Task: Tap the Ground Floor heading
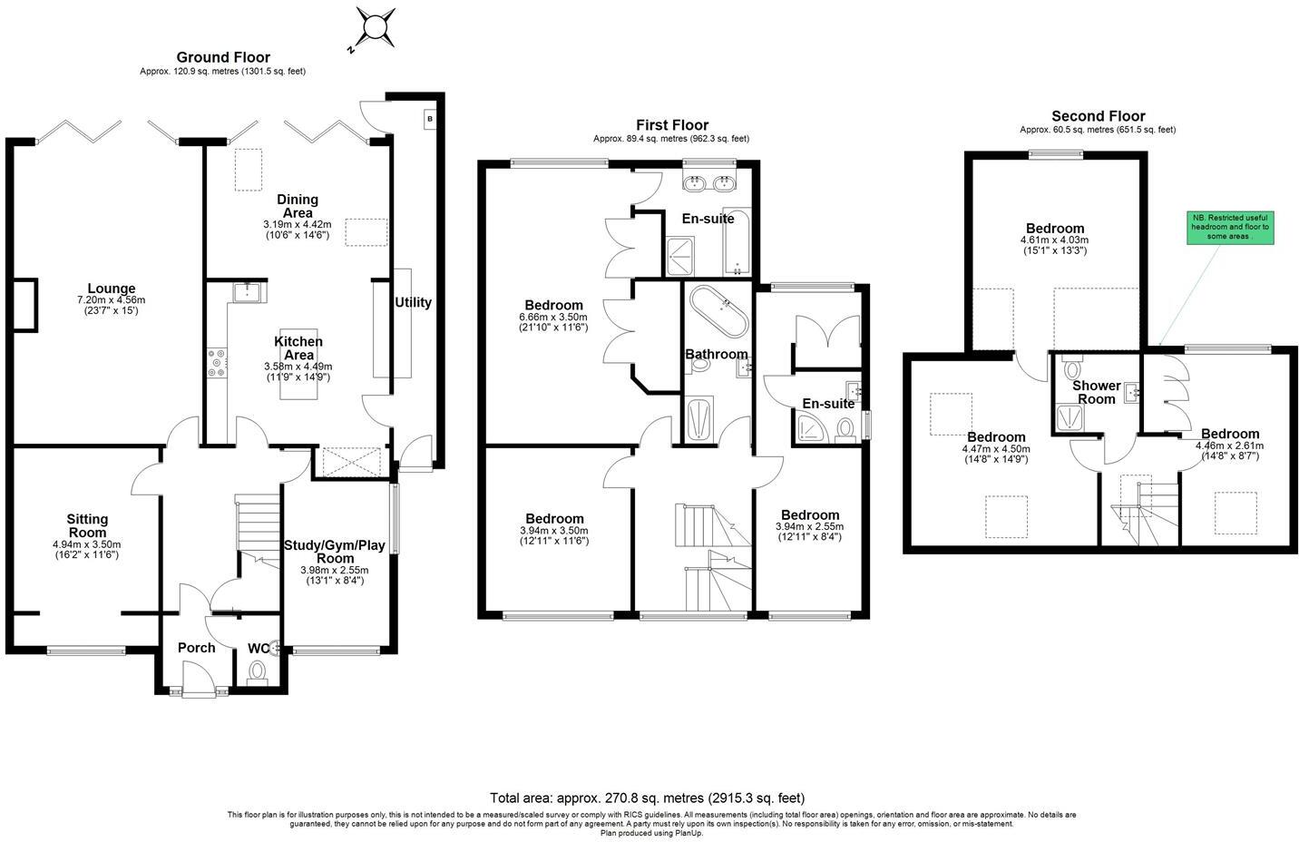click(x=223, y=57)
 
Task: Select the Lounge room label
click(x=112, y=289)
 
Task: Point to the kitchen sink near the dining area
click(x=250, y=292)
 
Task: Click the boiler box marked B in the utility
click(x=430, y=119)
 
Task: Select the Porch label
click(x=197, y=648)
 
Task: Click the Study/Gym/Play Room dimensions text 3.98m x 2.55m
click(x=335, y=570)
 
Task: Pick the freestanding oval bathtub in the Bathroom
click(x=719, y=311)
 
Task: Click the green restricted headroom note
click(x=1230, y=228)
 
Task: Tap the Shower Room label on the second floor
click(x=1096, y=393)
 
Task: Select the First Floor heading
click(x=672, y=124)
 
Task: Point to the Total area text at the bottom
click(x=647, y=798)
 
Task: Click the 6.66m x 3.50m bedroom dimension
click(x=553, y=318)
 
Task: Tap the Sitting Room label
click(x=87, y=526)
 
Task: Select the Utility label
click(x=413, y=302)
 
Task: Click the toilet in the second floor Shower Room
click(x=1072, y=367)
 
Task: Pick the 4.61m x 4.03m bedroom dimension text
click(x=1054, y=240)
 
